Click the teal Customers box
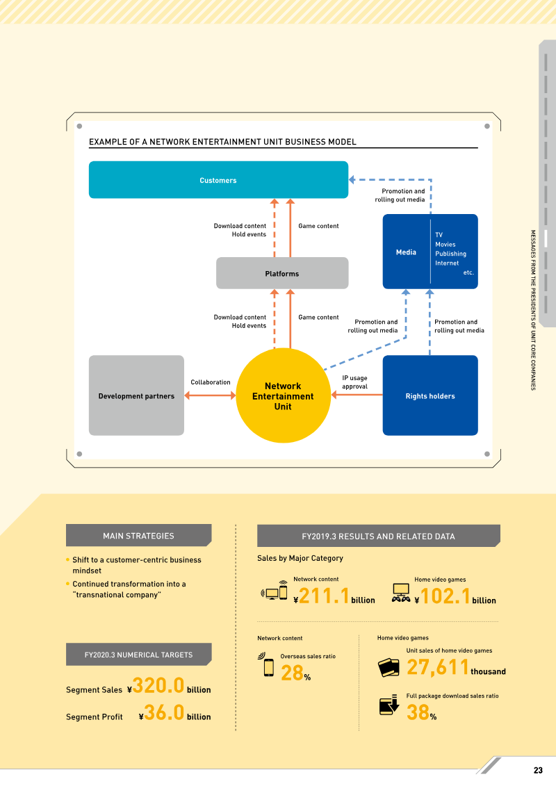click(x=218, y=179)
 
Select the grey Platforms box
click(x=282, y=273)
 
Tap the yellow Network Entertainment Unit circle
click(x=284, y=395)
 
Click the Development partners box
click(x=136, y=395)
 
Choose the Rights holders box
click(x=430, y=395)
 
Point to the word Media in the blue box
click(x=406, y=252)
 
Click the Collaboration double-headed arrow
click(x=210, y=395)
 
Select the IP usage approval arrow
click(x=357, y=395)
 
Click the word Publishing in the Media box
click(x=451, y=254)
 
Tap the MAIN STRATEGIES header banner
click(x=138, y=535)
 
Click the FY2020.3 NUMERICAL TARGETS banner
click(x=138, y=654)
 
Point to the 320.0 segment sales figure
click(x=158, y=685)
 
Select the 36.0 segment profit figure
click(x=165, y=712)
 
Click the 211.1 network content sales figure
click(x=325, y=596)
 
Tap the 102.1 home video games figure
click(x=445, y=596)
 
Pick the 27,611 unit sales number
click(x=438, y=667)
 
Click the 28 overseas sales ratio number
click(x=293, y=673)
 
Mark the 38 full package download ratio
click(x=418, y=712)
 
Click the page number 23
click(x=538, y=771)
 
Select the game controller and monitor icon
click(x=401, y=593)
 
